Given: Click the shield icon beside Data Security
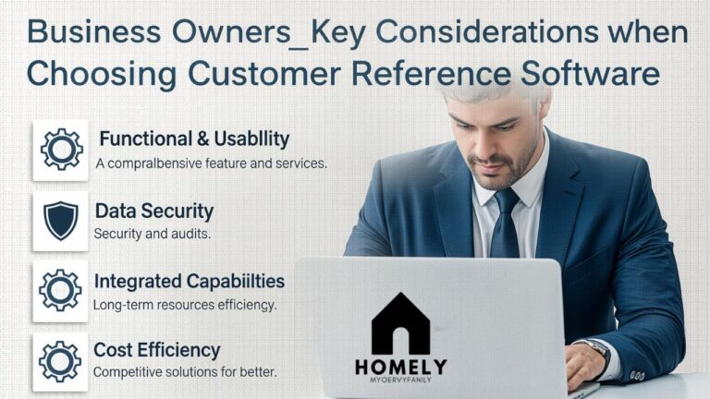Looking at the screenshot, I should point(60,221).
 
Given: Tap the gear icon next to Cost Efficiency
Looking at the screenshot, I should point(60,361).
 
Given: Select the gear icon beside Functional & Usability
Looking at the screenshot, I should point(60,150).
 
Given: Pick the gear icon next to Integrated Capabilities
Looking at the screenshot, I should point(60,290).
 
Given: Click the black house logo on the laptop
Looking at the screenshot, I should point(400,323).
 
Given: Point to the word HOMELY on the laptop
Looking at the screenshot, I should point(400,367).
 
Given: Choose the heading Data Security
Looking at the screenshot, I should point(153,211).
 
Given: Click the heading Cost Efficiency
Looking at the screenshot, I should point(157,350).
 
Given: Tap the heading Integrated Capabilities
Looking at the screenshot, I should point(190,281).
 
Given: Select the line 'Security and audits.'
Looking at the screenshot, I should point(153,234).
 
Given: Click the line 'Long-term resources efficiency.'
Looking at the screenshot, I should point(185,304).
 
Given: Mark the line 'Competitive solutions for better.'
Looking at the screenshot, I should point(185,373).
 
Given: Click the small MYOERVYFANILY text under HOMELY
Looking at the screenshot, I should point(400,381).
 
